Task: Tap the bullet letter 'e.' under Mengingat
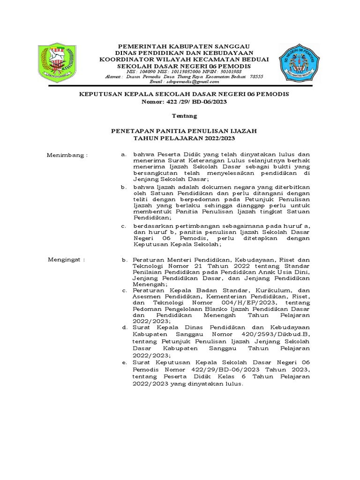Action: coord(124,363)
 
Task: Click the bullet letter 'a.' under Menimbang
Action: coord(124,154)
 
